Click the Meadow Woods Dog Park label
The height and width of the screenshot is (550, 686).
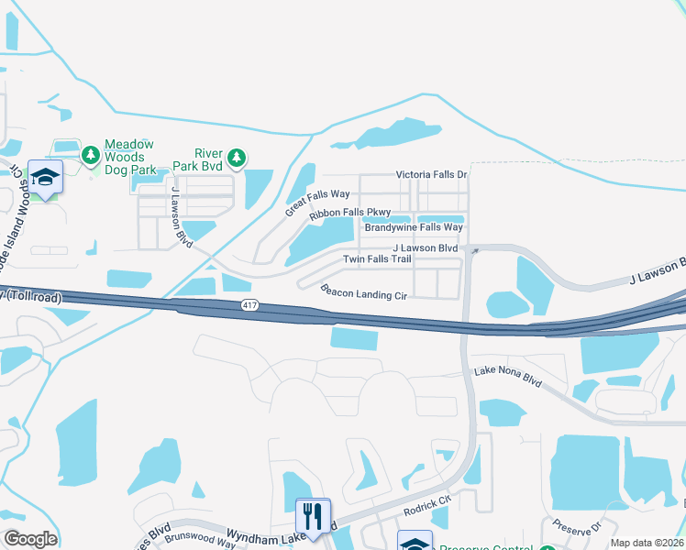click(x=129, y=157)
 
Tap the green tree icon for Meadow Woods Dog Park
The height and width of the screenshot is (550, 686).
click(x=91, y=156)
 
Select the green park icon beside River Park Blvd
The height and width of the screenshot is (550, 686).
click(x=237, y=159)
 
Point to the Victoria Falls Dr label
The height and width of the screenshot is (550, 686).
click(x=431, y=174)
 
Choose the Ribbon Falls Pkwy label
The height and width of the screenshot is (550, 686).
click(x=349, y=214)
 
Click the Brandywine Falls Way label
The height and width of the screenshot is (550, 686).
click(x=414, y=227)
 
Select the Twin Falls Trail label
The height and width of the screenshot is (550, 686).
click(x=377, y=259)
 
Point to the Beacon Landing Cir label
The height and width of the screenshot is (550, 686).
click(x=363, y=292)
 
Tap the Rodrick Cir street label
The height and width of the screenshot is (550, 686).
click(x=427, y=507)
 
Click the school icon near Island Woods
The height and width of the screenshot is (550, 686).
click(x=44, y=177)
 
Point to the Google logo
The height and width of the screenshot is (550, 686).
click(x=30, y=539)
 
